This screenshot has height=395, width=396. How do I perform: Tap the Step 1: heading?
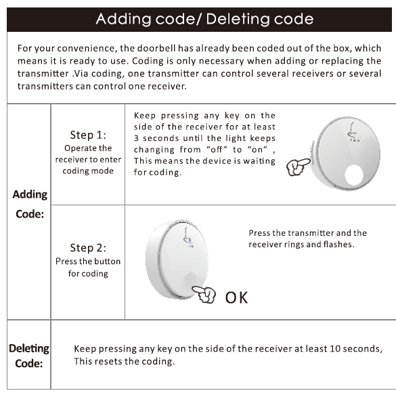coord(88,135)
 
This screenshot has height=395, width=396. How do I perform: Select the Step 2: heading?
coord(88,248)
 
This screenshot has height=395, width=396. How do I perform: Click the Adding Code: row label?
coord(30,204)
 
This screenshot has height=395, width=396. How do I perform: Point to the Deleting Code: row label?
coord(29,356)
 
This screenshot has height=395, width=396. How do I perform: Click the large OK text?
coord(236,297)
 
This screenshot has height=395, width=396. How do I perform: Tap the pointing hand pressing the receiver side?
coord(299,167)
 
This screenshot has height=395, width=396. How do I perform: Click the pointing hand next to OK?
coord(204,294)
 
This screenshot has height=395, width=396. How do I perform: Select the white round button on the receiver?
coord(353,175)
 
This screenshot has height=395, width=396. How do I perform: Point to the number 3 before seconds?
coord(136,138)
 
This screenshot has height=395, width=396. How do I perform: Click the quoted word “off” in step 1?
coord(217,149)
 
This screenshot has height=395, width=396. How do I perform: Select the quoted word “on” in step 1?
coord(257,149)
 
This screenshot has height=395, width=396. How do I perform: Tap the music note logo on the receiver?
coord(353,132)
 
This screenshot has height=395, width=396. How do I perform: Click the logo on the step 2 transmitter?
coord(188,237)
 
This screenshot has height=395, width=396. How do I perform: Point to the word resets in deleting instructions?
coord(109,361)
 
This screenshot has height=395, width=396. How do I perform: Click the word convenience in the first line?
coord(87,48)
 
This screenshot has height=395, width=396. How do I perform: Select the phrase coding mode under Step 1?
coord(88,171)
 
